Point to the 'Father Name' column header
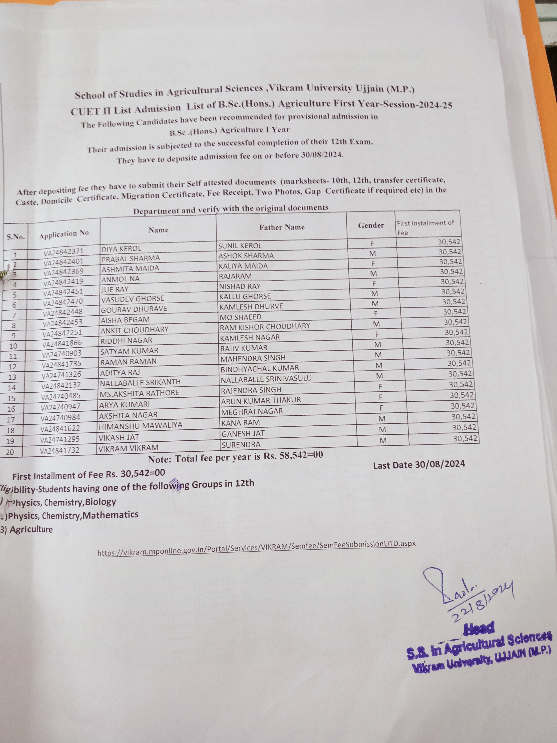pyautogui.click(x=282, y=227)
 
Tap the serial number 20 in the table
pyautogui.click(x=10, y=452)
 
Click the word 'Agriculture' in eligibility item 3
pyautogui.click(x=31, y=530)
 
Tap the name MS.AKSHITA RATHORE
pyautogui.click(x=139, y=393)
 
